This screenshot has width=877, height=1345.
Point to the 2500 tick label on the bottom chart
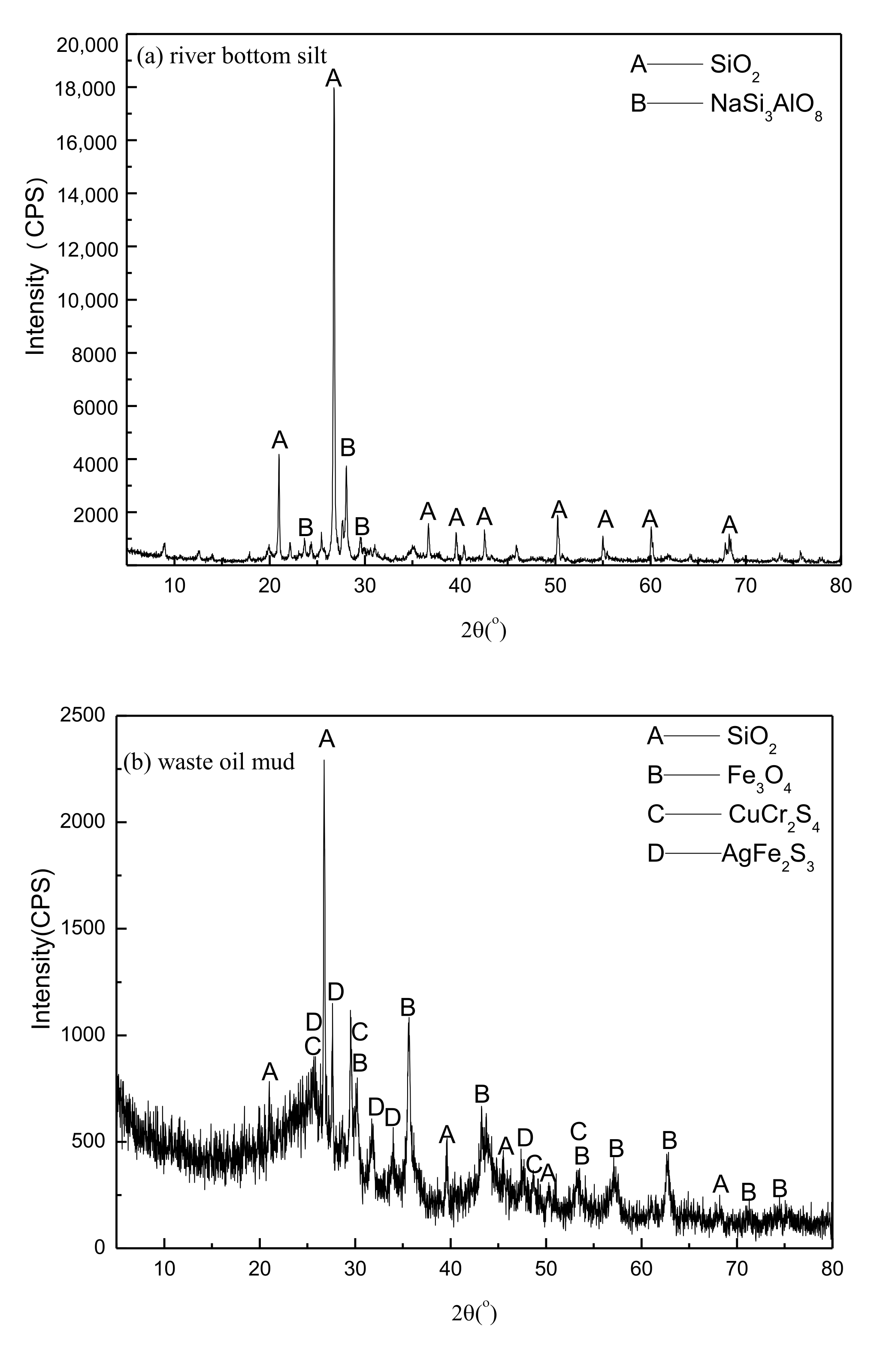coord(84,715)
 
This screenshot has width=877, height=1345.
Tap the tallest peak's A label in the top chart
coord(334,78)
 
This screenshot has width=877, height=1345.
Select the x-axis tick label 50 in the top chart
coord(555,585)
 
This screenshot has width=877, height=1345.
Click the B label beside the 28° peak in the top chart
coord(348,448)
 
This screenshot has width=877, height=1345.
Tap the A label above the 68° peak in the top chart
coord(730,525)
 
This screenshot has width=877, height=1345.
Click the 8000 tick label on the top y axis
coord(96,354)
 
